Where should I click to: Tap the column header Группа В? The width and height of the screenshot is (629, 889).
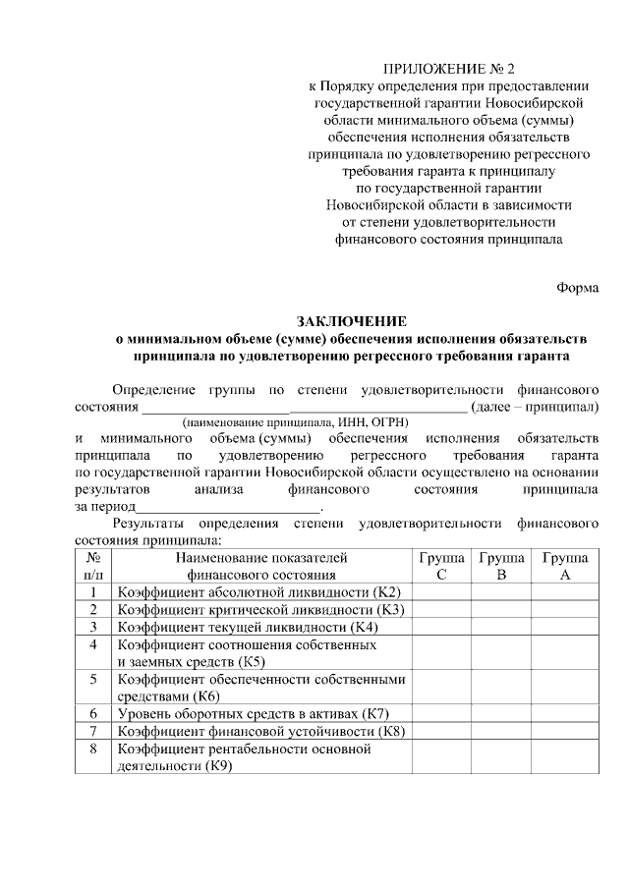(501, 566)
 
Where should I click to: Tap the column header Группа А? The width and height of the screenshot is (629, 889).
(564, 566)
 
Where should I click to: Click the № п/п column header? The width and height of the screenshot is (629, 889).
(93, 566)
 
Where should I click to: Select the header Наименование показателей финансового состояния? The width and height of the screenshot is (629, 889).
(260, 566)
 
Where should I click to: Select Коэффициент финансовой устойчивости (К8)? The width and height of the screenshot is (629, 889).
(260, 731)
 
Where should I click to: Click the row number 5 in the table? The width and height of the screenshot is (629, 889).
(93, 679)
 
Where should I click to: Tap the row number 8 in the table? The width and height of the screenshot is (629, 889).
(93, 749)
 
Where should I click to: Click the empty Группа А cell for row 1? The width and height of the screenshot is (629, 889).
(564, 591)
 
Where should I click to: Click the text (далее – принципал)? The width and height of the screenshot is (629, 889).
(535, 405)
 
